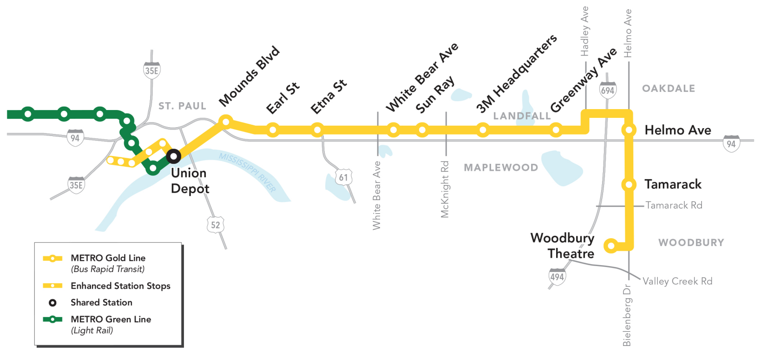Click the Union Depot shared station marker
click(173, 156)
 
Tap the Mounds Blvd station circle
click(225, 120)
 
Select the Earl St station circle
click(273, 130)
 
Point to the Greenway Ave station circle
click(555, 130)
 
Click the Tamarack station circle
click(628, 184)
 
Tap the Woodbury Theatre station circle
click(610, 245)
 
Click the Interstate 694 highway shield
click(608, 90)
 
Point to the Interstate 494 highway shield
click(557, 276)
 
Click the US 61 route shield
click(343, 177)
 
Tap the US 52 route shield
click(216, 225)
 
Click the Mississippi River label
click(247, 172)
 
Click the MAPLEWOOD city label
click(501, 168)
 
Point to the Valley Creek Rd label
click(677, 281)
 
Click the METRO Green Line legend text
click(111, 319)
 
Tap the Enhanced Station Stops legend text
click(120, 286)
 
